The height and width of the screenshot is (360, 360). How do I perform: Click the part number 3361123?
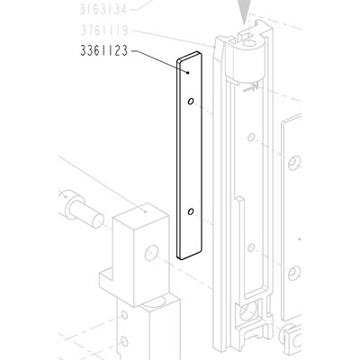pyautogui.click(x=104, y=50)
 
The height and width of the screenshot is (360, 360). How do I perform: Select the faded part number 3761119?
pyautogui.click(x=104, y=31)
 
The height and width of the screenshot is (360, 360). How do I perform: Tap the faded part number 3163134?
pyautogui.click(x=103, y=10)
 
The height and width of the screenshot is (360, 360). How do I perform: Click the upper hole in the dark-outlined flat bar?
pyautogui.click(x=191, y=101)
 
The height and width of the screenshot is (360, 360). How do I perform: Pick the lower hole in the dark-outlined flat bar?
pyautogui.click(x=191, y=211)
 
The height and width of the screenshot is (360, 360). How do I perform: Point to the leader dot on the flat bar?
pyautogui.click(x=188, y=72)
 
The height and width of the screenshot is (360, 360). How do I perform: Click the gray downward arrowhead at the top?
pyautogui.click(x=244, y=12)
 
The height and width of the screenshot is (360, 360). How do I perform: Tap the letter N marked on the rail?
pyautogui.click(x=255, y=86)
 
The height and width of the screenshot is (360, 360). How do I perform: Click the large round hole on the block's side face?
pyautogui.click(x=151, y=253)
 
